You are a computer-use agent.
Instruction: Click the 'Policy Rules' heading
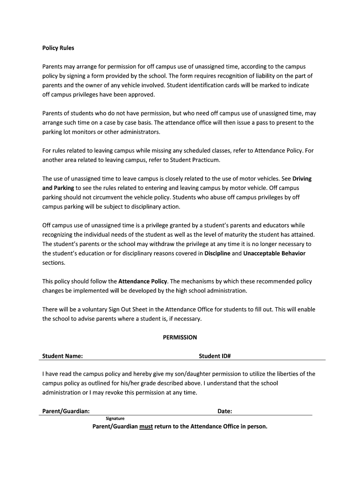[58, 48]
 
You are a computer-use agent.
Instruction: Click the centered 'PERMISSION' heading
[180, 337]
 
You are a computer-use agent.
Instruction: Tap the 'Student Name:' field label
[63, 356]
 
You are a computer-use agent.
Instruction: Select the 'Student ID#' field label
[215, 356]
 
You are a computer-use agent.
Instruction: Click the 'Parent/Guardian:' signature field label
[66, 411]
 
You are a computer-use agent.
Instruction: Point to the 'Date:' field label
[225, 411]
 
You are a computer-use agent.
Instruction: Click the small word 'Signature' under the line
[115, 419]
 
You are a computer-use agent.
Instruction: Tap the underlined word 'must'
[146, 427]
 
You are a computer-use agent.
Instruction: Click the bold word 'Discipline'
[217, 254]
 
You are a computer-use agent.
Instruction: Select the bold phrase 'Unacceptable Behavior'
[274, 254]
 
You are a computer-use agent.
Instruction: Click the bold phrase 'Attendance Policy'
[143, 282]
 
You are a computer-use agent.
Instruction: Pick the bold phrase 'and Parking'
[58, 188]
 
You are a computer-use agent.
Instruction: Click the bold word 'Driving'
[302, 179]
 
